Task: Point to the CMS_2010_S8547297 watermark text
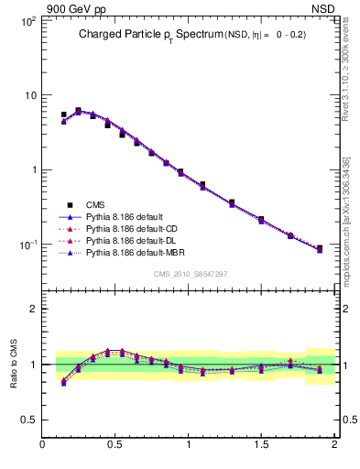190,274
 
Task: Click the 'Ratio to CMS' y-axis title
13,364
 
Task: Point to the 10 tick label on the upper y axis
29,95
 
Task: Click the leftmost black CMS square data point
63,115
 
